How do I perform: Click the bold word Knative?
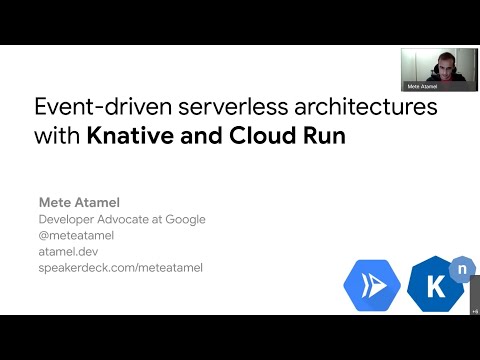tap(124, 137)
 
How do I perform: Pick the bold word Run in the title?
tap(324, 137)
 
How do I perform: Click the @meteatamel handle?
tap(76, 235)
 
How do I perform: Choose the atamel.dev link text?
tap(67, 251)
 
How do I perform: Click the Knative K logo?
tap(434, 286)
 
